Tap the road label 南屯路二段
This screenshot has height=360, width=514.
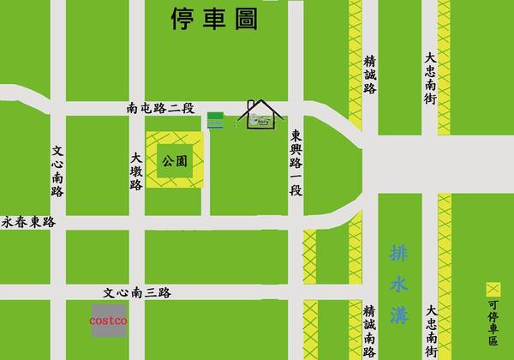click(x=160, y=109)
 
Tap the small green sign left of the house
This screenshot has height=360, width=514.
click(x=216, y=120)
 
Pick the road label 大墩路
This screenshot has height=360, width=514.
click(x=136, y=172)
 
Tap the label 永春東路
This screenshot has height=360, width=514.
click(x=27, y=222)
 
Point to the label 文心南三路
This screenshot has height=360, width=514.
click(x=136, y=292)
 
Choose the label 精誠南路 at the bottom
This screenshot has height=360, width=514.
click(x=369, y=330)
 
